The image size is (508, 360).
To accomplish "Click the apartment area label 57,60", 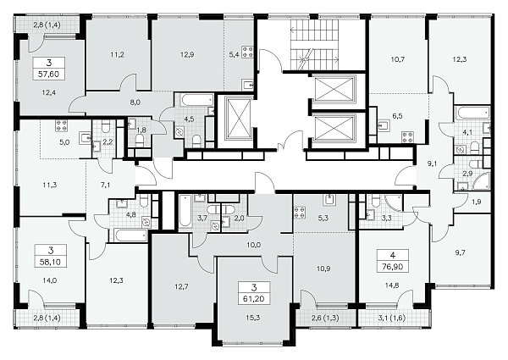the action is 48,75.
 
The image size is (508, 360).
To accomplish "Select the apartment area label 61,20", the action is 254,298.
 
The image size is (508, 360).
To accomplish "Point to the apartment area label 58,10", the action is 50,262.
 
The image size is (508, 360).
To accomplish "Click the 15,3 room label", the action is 254,318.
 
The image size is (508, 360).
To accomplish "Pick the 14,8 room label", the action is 392,285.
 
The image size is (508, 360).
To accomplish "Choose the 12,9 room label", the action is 187,55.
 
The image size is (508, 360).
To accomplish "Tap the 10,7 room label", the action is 398,59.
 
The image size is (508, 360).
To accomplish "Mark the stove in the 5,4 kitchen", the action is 248,53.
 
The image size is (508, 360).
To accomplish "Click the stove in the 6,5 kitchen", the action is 407,137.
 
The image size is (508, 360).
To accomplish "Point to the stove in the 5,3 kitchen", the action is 300,213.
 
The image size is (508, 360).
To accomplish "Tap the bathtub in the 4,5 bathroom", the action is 197,100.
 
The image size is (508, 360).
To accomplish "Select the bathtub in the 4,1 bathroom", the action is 472,114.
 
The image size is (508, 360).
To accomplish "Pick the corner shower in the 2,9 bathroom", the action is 483,182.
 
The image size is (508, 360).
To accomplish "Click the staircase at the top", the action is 314,44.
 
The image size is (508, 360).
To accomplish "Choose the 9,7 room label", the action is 460,252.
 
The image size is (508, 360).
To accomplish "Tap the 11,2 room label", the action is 117,55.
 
